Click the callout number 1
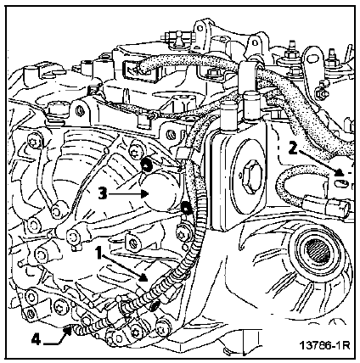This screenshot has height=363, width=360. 98,252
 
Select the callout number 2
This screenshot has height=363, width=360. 293,148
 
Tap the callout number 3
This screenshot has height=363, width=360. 103,194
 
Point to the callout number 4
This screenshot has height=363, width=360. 36,339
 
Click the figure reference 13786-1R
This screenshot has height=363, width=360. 324,345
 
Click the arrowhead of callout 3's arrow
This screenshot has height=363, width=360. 145,194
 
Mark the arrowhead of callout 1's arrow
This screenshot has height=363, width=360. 143,277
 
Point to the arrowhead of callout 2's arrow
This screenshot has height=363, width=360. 340,172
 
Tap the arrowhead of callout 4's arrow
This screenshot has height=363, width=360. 68,330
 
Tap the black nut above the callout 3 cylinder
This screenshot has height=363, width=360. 147,165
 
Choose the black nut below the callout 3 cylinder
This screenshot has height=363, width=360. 186,209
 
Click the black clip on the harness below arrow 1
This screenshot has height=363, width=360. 155,305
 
